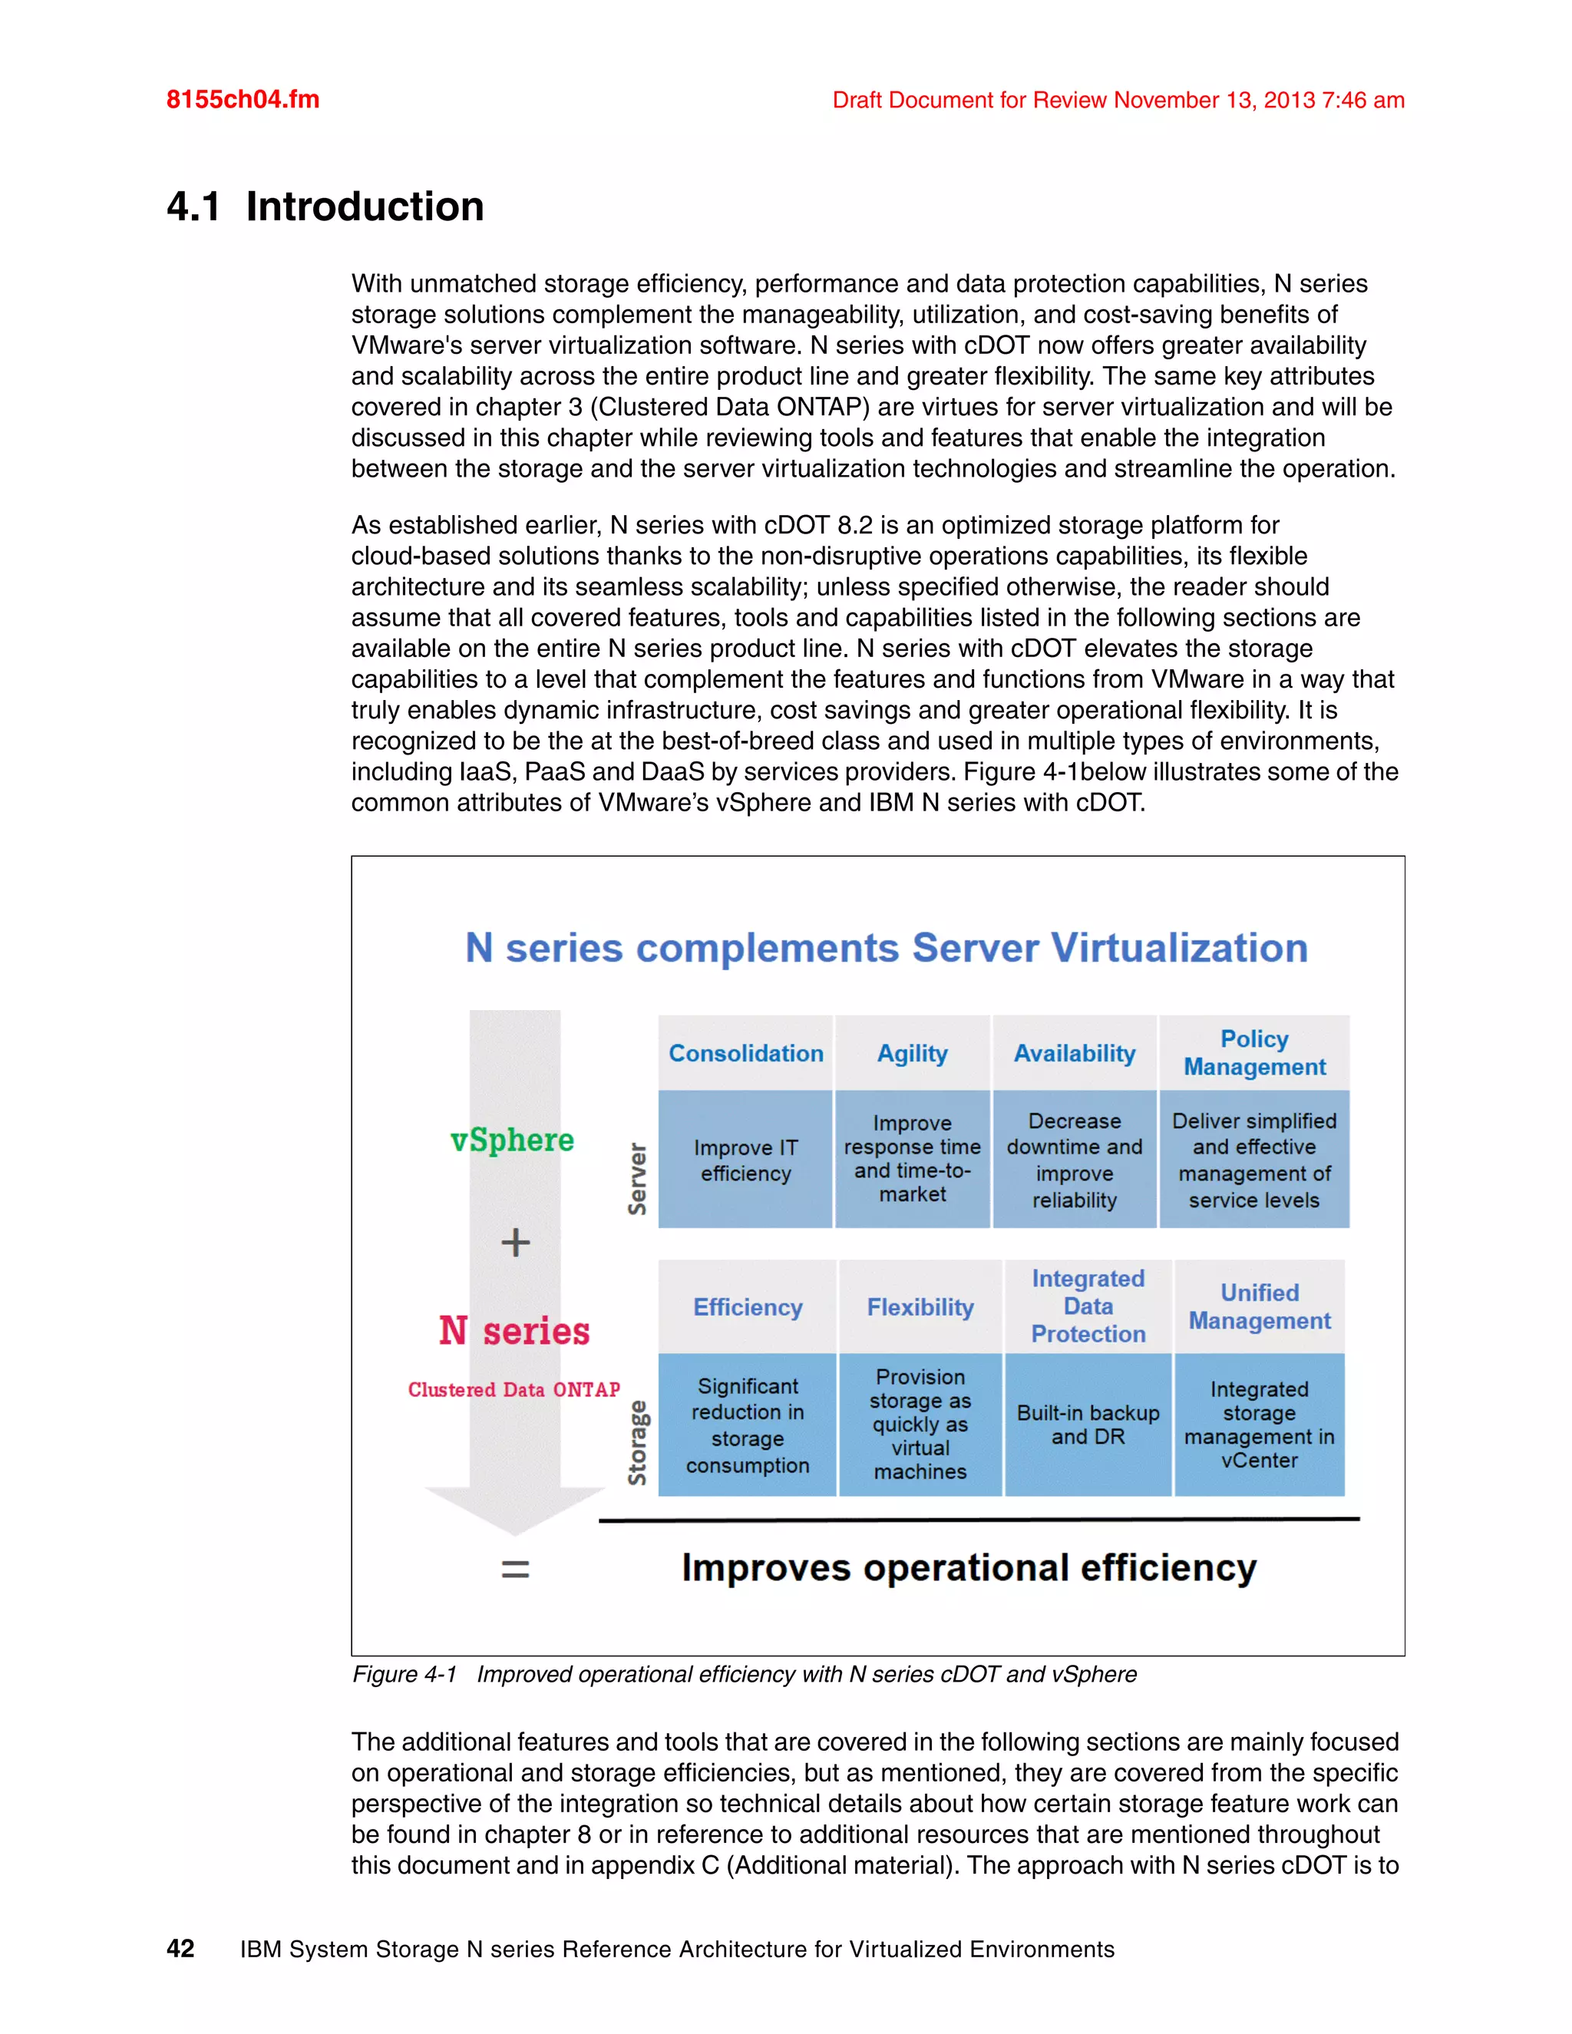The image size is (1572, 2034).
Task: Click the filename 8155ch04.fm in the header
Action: [x=242, y=100]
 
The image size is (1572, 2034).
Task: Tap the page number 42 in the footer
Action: [x=180, y=1948]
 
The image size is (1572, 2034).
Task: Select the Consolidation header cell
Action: [x=745, y=1053]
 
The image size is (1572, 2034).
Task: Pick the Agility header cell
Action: [x=912, y=1053]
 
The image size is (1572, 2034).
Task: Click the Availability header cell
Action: [x=1074, y=1053]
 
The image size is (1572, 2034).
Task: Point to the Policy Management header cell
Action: [x=1253, y=1052]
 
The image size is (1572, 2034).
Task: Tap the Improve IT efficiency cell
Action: [x=745, y=1160]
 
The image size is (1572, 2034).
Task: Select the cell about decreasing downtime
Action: [x=1074, y=1160]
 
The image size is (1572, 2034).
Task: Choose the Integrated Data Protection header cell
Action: [x=1088, y=1306]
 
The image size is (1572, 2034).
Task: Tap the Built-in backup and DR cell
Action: [x=1088, y=1424]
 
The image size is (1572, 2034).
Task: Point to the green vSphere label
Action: [x=512, y=1140]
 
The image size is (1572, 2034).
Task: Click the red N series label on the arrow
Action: [x=514, y=1331]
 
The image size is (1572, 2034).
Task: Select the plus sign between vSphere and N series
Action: [x=515, y=1243]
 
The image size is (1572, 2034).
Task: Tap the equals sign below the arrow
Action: [x=515, y=1570]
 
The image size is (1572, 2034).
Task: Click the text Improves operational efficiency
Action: [x=969, y=1567]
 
